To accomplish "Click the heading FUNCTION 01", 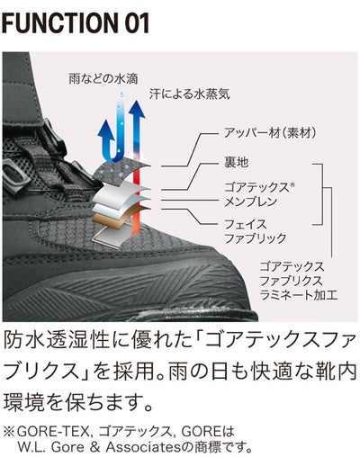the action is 76,23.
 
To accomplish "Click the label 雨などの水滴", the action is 103,79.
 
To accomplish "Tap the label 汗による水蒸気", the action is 190,94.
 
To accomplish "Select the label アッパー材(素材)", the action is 270,132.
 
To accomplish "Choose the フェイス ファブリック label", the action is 256,231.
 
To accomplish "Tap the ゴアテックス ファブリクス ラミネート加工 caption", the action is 299,281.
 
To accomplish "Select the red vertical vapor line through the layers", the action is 137,198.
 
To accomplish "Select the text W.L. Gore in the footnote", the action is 51,448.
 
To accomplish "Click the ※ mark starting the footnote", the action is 9,433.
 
